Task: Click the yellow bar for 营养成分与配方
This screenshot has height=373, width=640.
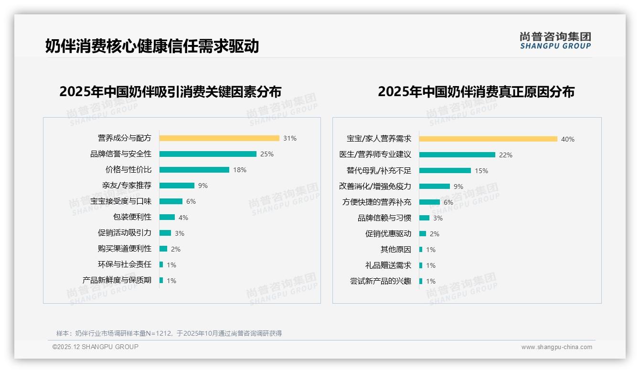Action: coord(219,138)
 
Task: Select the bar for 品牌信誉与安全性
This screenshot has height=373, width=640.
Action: coord(208,154)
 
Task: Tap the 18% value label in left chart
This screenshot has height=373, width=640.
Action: coord(240,170)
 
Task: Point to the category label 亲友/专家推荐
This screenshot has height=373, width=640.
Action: coord(127,186)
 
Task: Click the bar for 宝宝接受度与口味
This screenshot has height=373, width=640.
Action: coord(171,201)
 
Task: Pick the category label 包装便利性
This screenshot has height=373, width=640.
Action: coord(132,217)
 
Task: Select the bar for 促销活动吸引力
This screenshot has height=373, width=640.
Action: coord(165,233)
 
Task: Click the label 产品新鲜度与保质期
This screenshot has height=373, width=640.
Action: coord(117,280)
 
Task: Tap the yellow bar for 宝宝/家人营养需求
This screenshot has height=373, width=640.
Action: coord(488,139)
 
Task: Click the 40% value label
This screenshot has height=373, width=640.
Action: coord(568,139)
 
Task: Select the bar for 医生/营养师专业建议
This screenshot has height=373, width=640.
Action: coord(457,155)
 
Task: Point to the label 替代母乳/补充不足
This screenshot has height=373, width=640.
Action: coord(379,171)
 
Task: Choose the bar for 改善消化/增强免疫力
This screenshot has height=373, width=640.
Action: coord(435,186)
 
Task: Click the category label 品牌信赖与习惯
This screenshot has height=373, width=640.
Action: coord(384,218)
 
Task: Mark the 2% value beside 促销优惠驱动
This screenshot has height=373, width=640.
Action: coord(434,234)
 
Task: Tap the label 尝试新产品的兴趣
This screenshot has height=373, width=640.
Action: coord(381,281)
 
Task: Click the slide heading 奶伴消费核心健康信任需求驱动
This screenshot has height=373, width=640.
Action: coord(152,46)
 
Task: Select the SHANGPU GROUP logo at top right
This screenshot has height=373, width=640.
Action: coord(555,41)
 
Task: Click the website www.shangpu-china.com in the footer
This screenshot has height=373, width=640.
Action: coord(556,347)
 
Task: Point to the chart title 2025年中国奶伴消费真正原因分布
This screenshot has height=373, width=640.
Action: coord(476,91)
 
